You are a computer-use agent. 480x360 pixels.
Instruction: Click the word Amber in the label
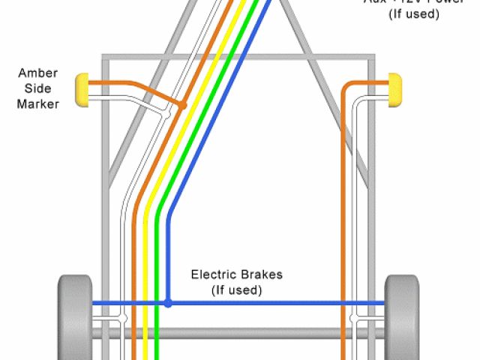[37, 73]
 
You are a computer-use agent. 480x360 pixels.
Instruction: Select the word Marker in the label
[37, 104]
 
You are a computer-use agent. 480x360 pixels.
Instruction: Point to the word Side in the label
[37, 88]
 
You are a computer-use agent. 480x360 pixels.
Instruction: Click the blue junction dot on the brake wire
[168, 304]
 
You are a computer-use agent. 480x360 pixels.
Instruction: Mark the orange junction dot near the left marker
[181, 106]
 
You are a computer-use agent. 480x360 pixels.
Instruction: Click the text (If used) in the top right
[413, 14]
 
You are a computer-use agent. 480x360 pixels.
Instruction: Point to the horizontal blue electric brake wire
[285, 304]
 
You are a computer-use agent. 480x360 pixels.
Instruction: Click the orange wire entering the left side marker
[112, 83]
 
